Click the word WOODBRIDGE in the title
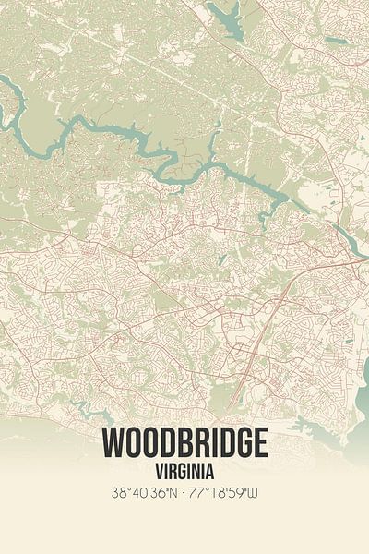tap(184, 443)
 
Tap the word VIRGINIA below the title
tap(184, 469)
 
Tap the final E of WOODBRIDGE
tap(259, 443)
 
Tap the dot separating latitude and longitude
tap(184, 493)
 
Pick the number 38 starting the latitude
tap(116, 493)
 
